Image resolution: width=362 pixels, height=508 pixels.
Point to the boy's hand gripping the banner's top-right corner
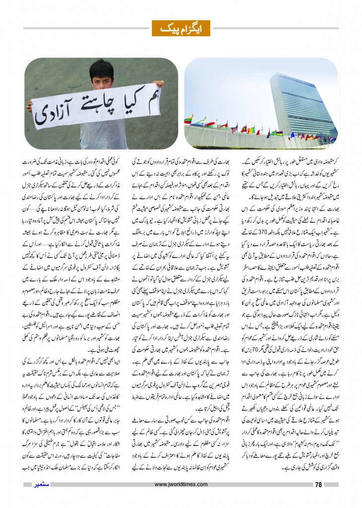157,85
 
